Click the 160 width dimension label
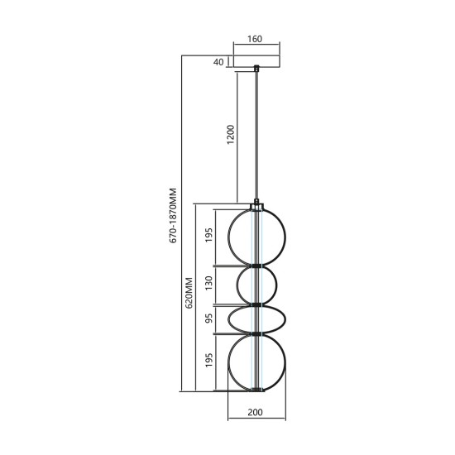[254, 38]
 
